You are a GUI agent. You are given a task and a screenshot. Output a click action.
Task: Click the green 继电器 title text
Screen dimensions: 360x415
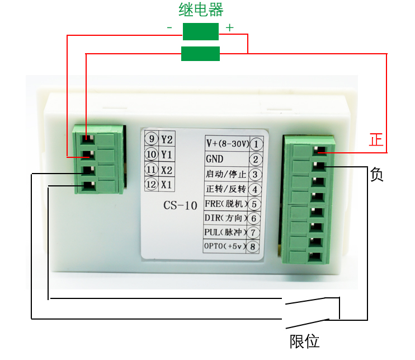[x=201, y=10]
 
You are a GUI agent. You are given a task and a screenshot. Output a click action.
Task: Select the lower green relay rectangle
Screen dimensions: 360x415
[x=200, y=54]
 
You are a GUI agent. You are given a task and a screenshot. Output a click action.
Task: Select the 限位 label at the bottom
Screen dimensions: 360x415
[x=304, y=340]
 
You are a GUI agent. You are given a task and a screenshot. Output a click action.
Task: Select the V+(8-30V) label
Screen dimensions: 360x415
[x=226, y=143]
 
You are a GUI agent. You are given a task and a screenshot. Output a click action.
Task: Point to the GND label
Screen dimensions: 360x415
[x=215, y=159]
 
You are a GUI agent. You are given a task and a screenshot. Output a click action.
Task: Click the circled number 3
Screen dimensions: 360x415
[x=255, y=174]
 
